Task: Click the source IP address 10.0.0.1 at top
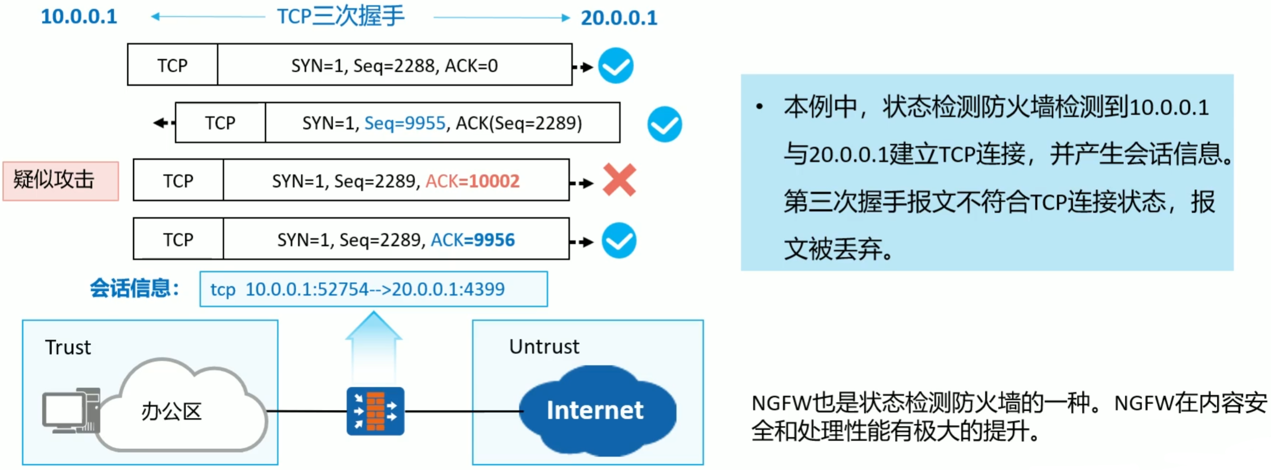[x=79, y=17]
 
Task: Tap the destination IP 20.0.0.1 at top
[x=618, y=18]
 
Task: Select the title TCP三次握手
[x=341, y=16]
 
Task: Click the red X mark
[x=619, y=180]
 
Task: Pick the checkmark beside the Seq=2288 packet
[x=616, y=66]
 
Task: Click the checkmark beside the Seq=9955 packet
[x=664, y=125]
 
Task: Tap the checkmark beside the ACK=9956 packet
[x=618, y=240]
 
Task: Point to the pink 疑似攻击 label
[x=60, y=181]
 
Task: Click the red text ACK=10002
[x=472, y=181]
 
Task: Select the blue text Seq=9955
[x=404, y=123]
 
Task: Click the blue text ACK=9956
[x=472, y=240]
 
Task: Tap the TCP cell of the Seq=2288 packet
[x=172, y=65]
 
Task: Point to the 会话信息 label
[x=134, y=288]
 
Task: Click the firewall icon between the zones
[x=375, y=411]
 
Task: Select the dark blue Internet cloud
[x=596, y=410]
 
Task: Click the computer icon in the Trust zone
[x=71, y=411]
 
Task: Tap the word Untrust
[x=544, y=347]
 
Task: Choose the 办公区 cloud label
[x=171, y=412]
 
